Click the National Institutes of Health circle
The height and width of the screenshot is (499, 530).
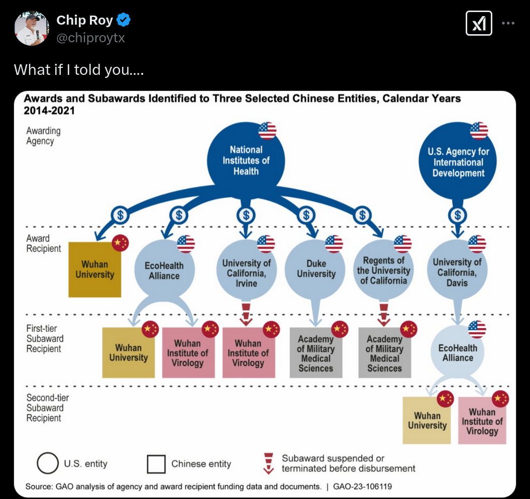(x=246, y=161)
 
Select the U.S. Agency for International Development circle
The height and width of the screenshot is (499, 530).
(x=458, y=161)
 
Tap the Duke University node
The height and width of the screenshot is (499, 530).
(x=315, y=269)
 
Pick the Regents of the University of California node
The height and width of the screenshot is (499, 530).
(x=384, y=269)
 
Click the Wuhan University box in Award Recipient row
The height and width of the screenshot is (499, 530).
(x=94, y=269)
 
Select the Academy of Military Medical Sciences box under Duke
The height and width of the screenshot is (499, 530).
(x=315, y=353)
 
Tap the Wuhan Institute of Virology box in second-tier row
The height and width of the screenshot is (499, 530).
(x=482, y=421)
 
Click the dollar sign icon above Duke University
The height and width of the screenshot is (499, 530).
(x=306, y=215)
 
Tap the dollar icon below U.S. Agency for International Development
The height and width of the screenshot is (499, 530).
(x=458, y=215)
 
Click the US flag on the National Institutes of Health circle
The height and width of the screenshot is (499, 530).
(x=267, y=131)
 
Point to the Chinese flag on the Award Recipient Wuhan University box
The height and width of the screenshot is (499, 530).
(x=121, y=243)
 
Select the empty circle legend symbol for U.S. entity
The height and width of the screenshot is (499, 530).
(x=48, y=463)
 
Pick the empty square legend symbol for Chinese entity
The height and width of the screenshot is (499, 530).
(x=156, y=464)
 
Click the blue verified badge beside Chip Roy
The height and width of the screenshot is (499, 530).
(x=124, y=20)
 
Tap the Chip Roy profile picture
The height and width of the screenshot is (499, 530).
(x=32, y=28)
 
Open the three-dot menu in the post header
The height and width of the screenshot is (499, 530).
(x=508, y=23)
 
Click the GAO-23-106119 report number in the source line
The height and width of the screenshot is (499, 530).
(x=362, y=486)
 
